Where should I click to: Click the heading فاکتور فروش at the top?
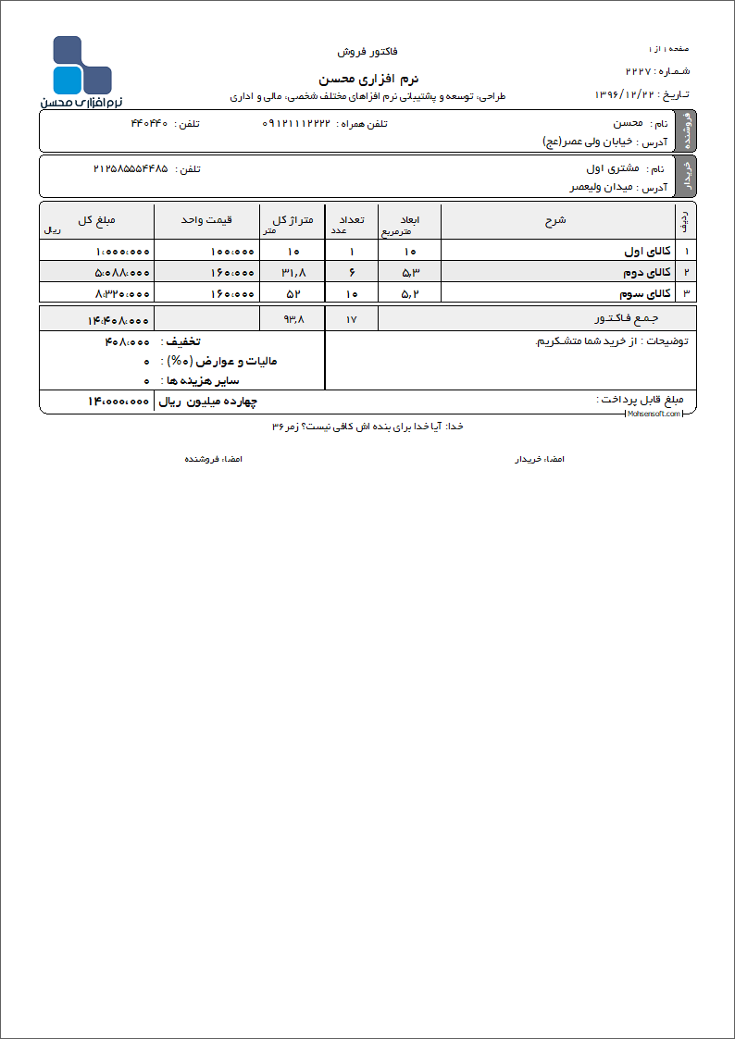(x=367, y=52)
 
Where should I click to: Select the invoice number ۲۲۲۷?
(x=640, y=71)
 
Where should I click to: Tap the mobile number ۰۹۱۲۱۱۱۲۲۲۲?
(x=296, y=123)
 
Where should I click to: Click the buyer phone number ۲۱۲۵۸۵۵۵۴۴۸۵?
(x=131, y=168)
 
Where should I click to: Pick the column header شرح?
(x=556, y=220)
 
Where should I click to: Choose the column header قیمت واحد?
(x=206, y=220)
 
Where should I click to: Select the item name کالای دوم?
(x=646, y=273)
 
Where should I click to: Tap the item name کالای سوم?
(x=646, y=293)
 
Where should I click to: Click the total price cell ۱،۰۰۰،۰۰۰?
(x=122, y=252)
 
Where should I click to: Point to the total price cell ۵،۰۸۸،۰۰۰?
(x=122, y=273)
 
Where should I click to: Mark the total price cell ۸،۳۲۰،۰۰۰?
(x=122, y=293)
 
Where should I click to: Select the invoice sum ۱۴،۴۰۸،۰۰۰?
(x=118, y=320)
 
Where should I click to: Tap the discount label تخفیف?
(x=183, y=342)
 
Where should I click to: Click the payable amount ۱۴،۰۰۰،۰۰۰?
(x=118, y=402)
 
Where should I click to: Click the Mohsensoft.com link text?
(x=654, y=414)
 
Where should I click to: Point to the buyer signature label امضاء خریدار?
(x=540, y=459)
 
